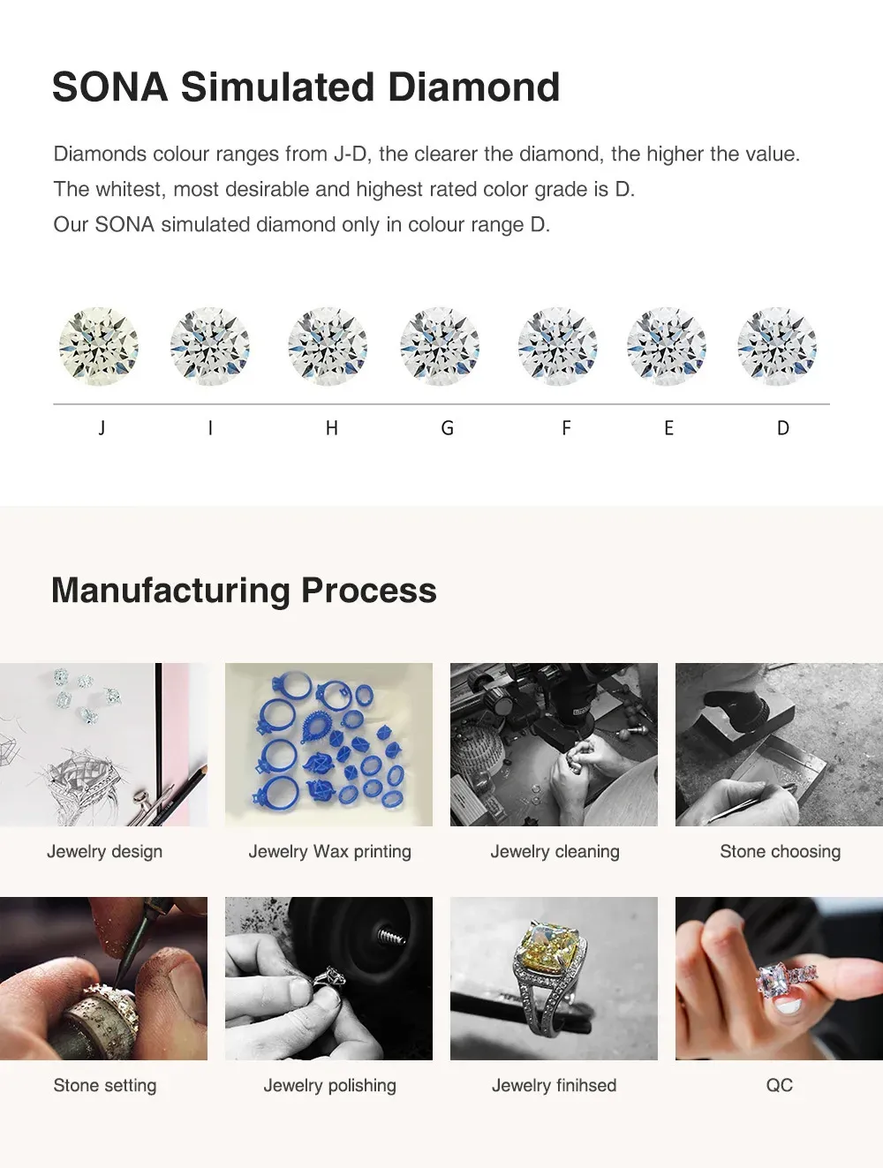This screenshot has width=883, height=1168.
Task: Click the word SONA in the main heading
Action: pos(110,87)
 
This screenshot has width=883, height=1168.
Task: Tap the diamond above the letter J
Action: pos(99,346)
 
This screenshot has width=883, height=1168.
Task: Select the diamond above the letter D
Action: pos(777,346)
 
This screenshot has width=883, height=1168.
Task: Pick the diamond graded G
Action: pos(440,346)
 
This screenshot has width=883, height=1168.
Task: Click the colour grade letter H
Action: pos(332,428)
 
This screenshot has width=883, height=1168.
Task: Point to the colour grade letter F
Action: pos(566,428)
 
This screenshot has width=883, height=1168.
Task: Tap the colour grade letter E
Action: pos(669,428)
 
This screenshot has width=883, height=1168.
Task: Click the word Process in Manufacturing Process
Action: pos(369,592)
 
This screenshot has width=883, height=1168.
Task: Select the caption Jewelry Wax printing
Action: pos(330,851)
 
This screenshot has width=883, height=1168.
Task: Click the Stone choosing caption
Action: pos(781,851)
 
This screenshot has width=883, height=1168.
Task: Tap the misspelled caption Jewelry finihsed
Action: pos(554,1085)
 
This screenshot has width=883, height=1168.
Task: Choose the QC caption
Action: pos(780,1085)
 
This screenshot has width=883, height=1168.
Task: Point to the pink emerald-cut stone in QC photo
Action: pos(775,978)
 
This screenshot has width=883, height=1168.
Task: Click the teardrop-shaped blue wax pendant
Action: pos(315,725)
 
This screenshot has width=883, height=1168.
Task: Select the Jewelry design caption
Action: pos(105,851)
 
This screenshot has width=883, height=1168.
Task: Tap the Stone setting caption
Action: pos(105,1085)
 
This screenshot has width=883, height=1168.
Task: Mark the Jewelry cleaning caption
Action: pos(555,851)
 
